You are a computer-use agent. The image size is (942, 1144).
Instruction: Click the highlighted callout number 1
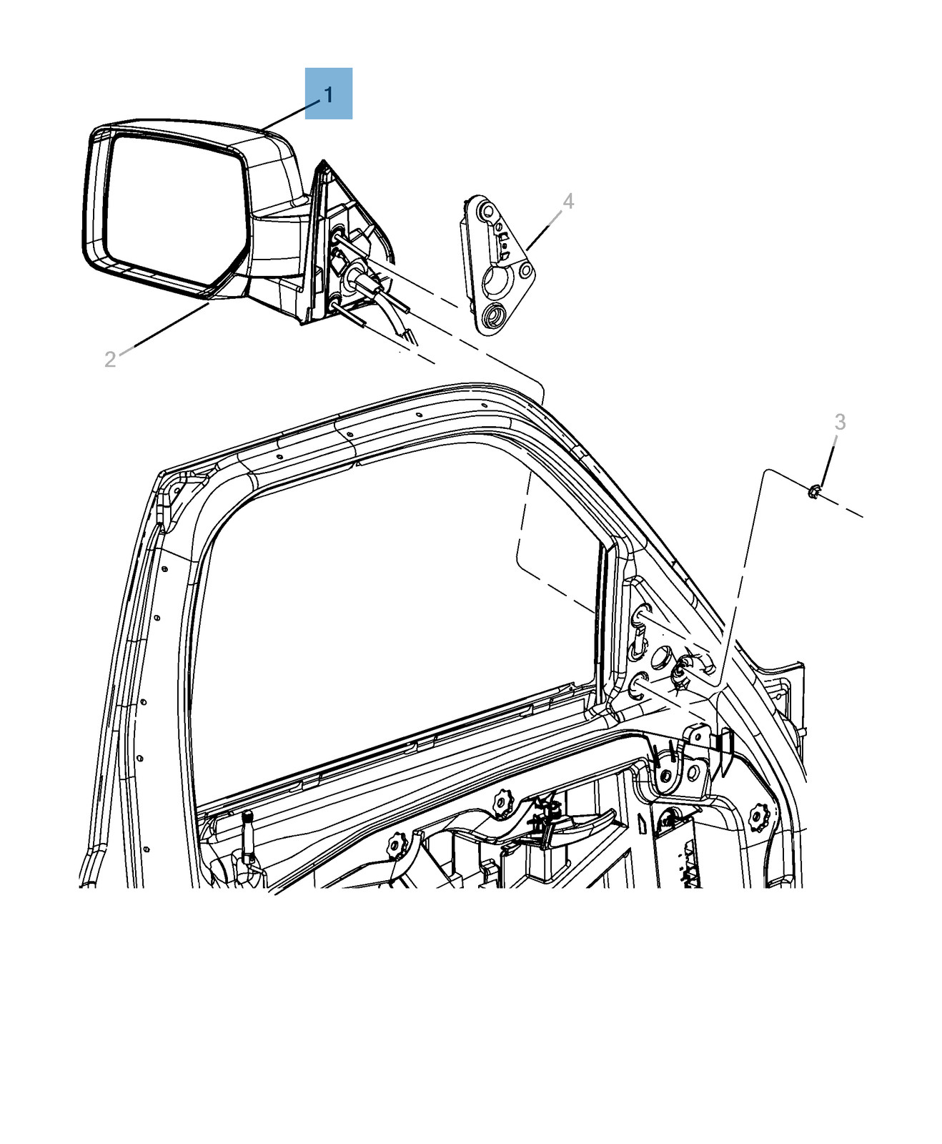tap(328, 94)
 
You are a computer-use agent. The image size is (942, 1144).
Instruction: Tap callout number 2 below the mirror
tap(110, 359)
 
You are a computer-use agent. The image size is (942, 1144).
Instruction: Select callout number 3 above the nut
tap(840, 423)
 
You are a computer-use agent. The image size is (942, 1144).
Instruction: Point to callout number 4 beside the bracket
tap(568, 202)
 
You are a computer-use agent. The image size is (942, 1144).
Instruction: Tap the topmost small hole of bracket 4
tap(488, 210)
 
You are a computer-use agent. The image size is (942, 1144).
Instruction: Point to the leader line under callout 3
tap(826, 465)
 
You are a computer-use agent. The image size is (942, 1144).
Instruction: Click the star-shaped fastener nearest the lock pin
tap(396, 846)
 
